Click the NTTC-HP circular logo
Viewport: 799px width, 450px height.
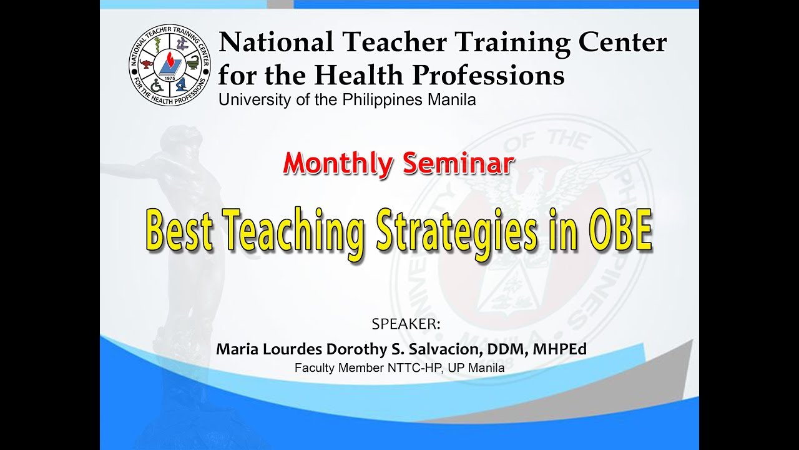pos(170,66)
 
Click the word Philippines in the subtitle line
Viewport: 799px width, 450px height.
pos(380,100)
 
